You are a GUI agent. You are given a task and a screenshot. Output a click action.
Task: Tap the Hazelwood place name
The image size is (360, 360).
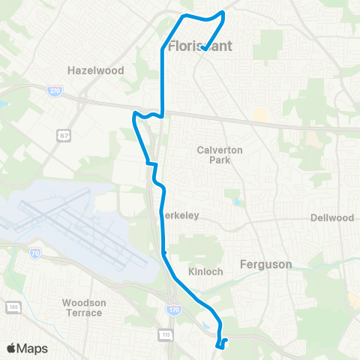tap(94, 70)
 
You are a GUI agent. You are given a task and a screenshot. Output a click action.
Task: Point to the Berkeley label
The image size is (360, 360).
tap(181, 215)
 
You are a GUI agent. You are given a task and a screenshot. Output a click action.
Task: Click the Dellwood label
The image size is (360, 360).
tap(331, 218)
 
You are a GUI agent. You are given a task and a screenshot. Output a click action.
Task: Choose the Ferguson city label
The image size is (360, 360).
tap(265, 263)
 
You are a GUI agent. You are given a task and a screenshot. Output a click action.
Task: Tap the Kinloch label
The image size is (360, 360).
tap(205, 271)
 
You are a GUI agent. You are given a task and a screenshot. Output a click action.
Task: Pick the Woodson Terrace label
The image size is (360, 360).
tap(82, 307)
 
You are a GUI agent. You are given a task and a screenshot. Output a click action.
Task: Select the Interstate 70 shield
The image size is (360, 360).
tap(35, 254)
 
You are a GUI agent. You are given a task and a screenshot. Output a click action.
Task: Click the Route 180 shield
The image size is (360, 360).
tap(12, 307)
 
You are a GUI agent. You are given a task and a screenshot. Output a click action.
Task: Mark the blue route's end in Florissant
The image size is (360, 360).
tap(204, 49)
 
